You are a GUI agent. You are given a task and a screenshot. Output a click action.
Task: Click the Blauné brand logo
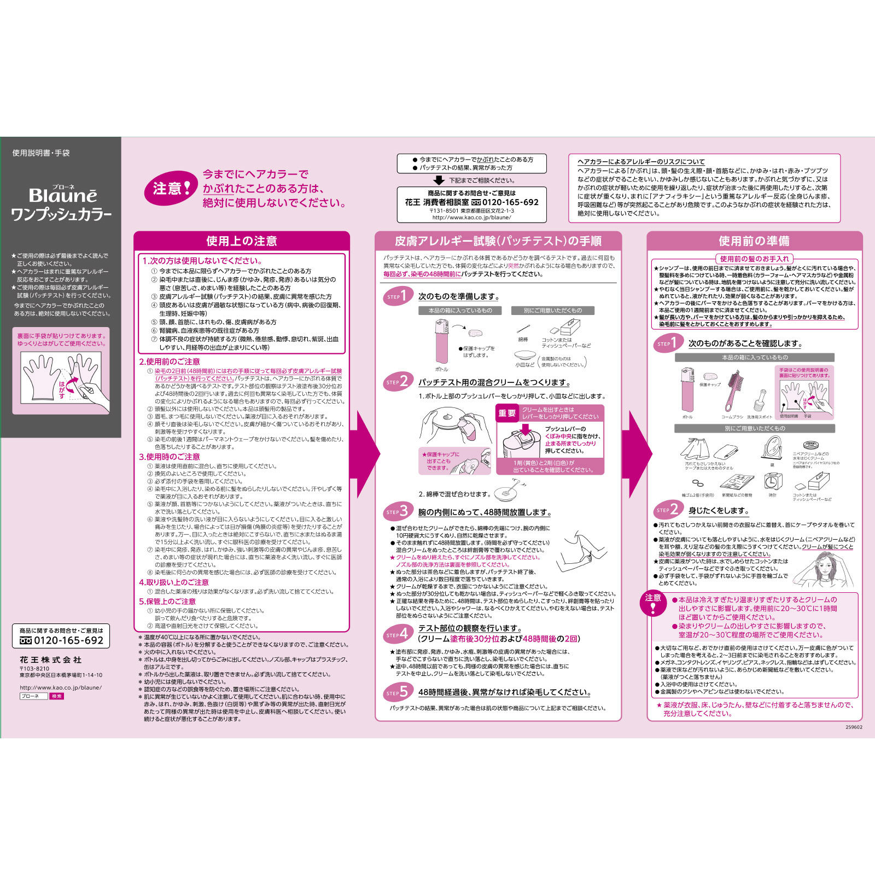62,195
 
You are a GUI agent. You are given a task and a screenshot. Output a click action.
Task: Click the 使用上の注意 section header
241,241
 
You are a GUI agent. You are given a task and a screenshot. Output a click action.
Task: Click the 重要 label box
507,413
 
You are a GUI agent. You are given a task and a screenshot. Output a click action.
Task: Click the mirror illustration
772,448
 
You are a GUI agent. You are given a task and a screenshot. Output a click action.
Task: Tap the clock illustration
772,481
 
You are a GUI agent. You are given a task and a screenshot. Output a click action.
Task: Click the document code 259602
853,727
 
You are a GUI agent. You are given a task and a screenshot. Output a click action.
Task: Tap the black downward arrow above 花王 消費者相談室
439,180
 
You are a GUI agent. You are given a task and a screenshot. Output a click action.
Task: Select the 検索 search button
56,696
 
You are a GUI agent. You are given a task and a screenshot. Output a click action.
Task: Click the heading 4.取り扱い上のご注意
174,582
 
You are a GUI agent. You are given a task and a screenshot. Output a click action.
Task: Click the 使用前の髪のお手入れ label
754,259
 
